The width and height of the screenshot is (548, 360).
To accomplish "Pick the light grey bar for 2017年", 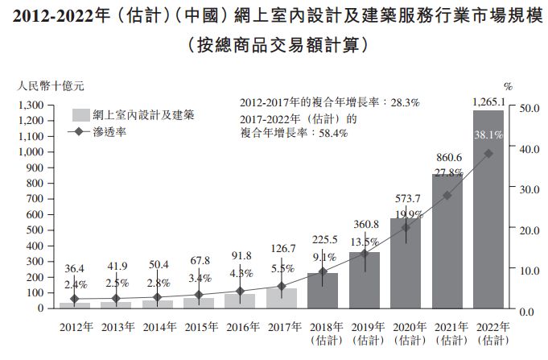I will pos(282,299).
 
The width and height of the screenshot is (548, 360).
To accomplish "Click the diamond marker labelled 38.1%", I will pos(489,154).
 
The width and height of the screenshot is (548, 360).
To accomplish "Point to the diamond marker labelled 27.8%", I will pos(447,196).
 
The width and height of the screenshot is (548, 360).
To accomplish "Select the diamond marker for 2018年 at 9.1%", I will pos(323,271).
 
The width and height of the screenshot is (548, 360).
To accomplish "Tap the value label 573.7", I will pos(406,198).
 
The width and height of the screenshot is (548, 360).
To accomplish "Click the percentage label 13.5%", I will pos(364,242).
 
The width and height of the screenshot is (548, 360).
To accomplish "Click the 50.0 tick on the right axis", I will pos(529,106).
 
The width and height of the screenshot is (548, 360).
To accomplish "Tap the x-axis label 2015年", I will pos(200,326).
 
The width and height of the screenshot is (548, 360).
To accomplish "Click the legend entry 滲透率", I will pos(109,130).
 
